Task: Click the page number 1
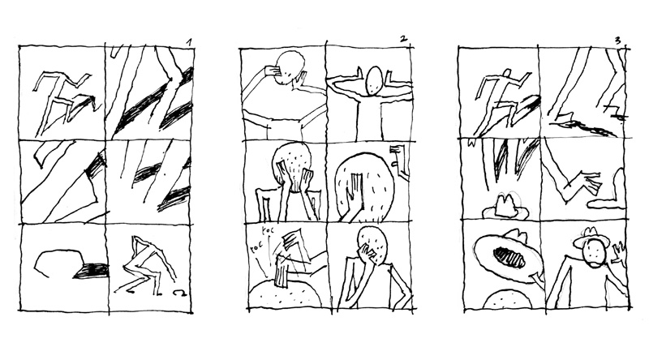click(188, 41)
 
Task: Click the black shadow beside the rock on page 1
click(91, 271)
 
